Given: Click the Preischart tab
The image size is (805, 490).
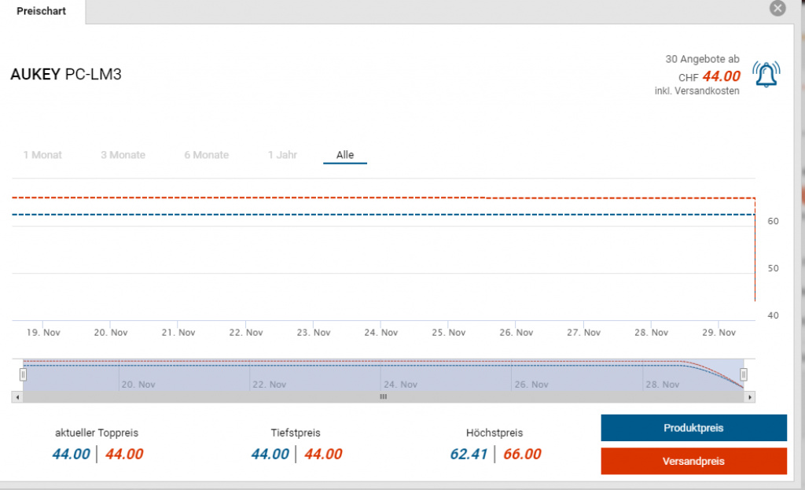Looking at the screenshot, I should (x=42, y=12).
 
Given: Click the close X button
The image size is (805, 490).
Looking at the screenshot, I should (x=777, y=9).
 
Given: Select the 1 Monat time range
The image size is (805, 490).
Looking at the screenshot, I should (x=42, y=155).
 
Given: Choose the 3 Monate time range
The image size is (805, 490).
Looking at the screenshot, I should (x=123, y=155).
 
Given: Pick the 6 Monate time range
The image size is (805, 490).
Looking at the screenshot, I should (x=207, y=155).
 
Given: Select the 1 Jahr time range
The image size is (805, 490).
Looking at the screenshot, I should (x=282, y=155).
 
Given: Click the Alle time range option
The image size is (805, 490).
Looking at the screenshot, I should (x=345, y=155).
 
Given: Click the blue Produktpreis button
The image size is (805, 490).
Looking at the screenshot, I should (x=693, y=428).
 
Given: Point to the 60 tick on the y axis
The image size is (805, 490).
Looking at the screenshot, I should (x=773, y=222).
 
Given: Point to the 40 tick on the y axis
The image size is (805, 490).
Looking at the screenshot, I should (x=773, y=315).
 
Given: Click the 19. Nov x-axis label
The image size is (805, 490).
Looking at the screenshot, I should (x=43, y=333).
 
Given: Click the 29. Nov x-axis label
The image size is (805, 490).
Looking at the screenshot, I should (x=719, y=333).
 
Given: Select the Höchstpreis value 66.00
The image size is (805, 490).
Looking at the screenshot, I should (x=522, y=454).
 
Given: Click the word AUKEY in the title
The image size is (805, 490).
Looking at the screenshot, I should (x=35, y=76).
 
